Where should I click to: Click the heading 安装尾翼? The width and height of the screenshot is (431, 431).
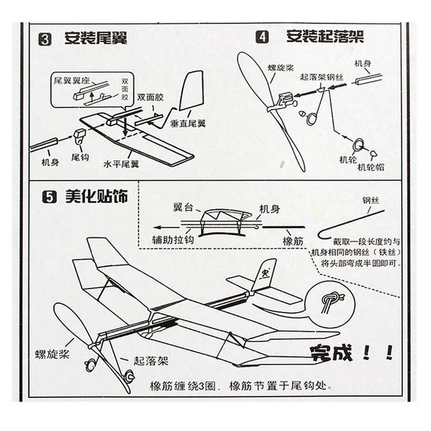point(96,38)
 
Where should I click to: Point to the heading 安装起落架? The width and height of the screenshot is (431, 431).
point(325,36)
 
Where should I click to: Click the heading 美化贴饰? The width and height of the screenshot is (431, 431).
point(96,196)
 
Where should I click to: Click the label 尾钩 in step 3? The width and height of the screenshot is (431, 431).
point(79,157)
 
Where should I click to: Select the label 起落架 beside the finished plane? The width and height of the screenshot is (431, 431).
point(150,361)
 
